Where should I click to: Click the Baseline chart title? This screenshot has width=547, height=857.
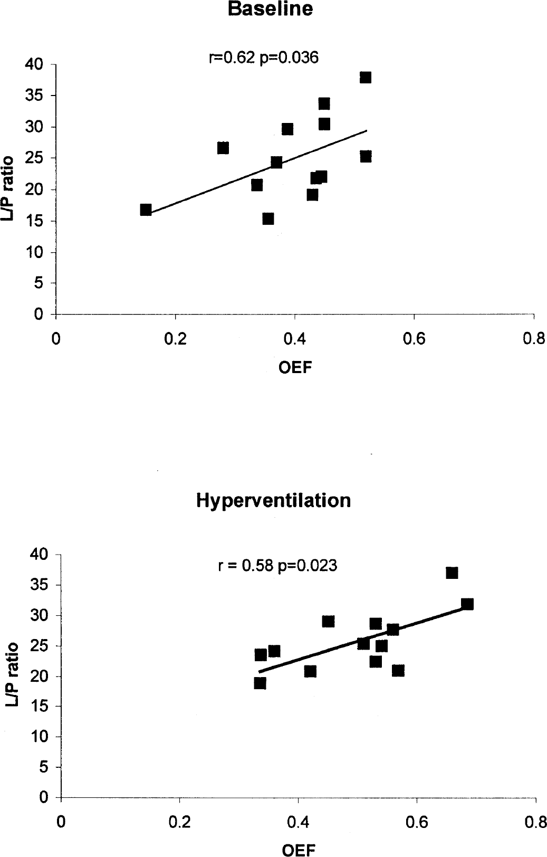(x=270, y=8)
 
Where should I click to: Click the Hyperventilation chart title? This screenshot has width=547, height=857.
(x=273, y=500)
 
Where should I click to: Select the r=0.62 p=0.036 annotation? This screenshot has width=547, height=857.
(x=264, y=58)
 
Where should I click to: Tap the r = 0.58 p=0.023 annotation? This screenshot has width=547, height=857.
(x=277, y=565)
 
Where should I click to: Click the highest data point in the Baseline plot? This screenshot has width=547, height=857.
(x=366, y=77)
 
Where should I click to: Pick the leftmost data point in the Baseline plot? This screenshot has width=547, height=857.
(x=146, y=210)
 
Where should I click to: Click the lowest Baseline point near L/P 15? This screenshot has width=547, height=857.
(x=268, y=219)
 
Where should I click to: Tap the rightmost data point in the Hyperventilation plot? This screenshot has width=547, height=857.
(x=467, y=604)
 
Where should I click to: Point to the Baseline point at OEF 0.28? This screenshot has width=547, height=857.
(x=223, y=148)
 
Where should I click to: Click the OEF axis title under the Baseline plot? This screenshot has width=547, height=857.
(x=295, y=368)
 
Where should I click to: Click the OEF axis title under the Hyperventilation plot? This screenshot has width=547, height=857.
(x=299, y=850)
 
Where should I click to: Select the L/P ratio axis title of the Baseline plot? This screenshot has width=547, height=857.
(x=8, y=188)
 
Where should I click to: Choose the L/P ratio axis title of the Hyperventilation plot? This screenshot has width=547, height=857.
(x=12, y=674)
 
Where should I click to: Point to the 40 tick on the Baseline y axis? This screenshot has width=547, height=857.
(x=34, y=64)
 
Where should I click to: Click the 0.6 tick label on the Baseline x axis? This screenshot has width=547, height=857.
(x=414, y=339)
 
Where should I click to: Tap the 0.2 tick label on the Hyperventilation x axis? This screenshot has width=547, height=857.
(x=179, y=822)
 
